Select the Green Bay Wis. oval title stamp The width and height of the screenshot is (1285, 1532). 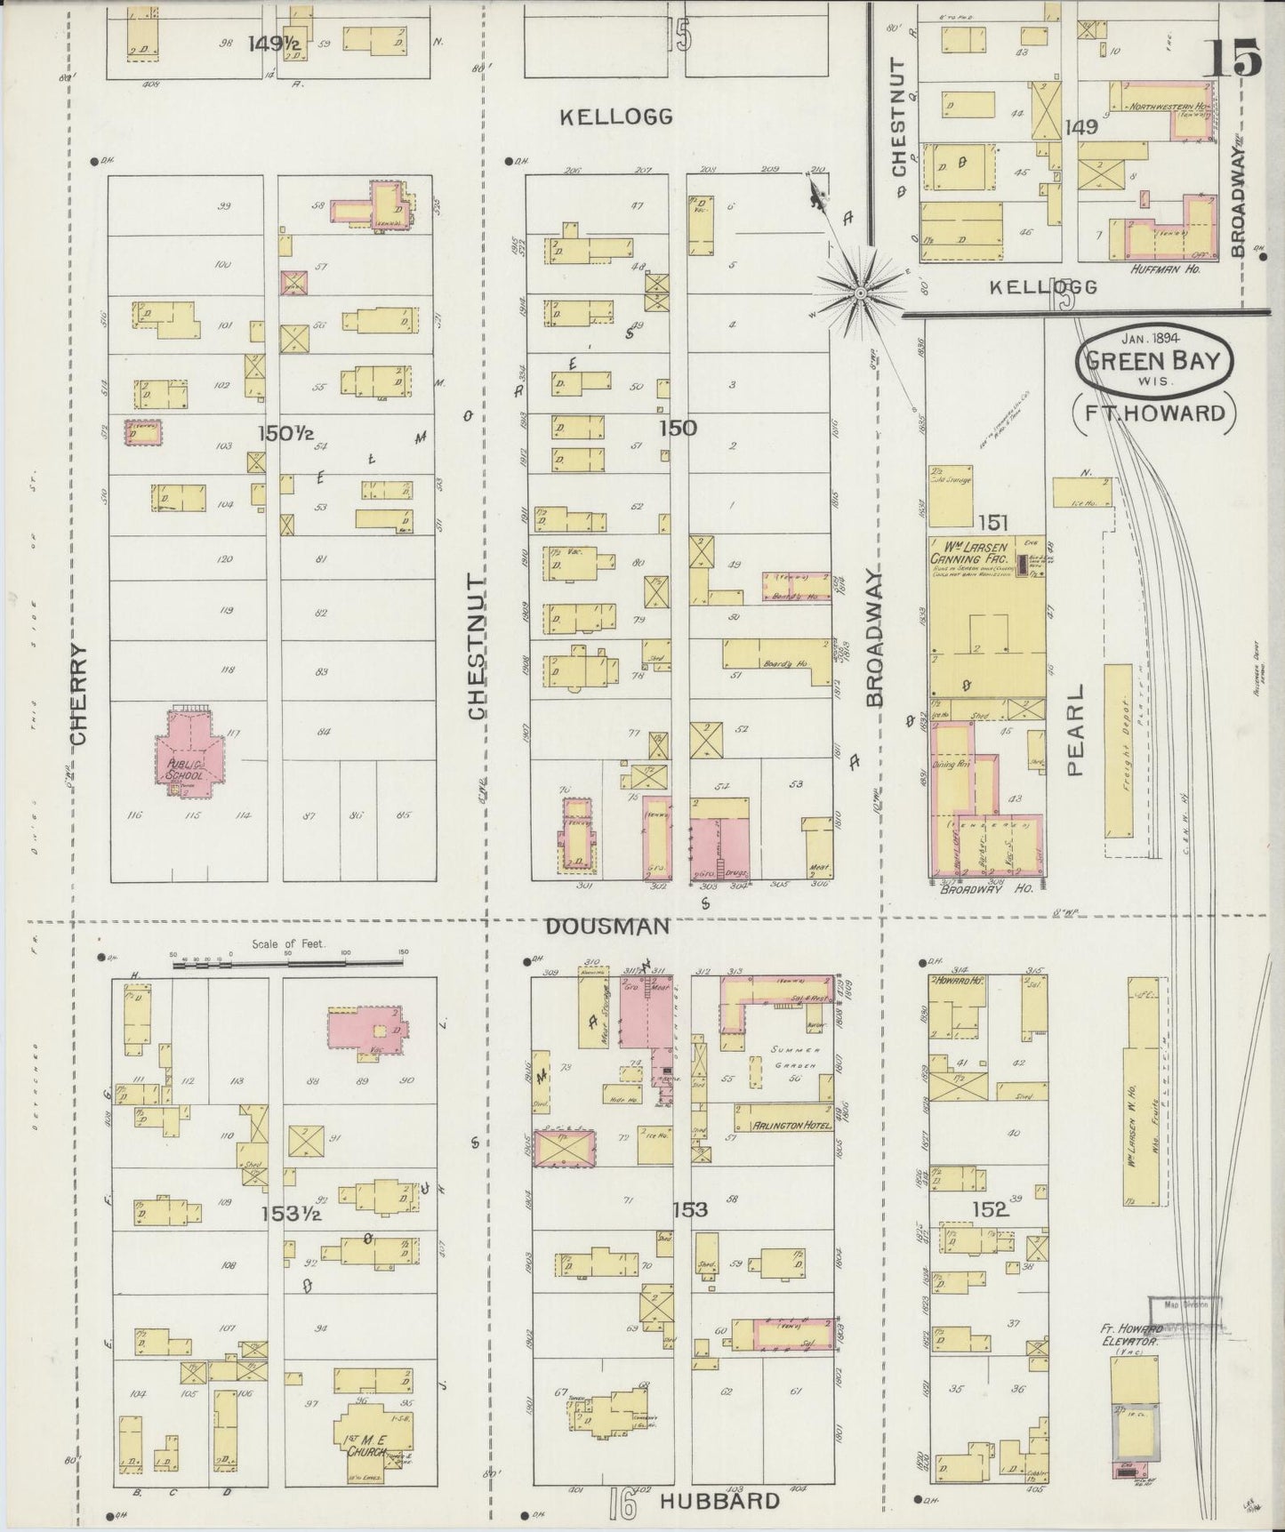[x=1155, y=363]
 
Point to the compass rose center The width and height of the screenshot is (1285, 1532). [x=860, y=293]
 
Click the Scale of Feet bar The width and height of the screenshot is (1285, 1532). [x=288, y=963]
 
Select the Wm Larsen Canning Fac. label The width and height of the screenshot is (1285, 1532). [x=969, y=552]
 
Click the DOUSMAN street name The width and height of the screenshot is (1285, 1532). [x=606, y=926]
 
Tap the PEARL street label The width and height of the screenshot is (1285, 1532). [x=1076, y=729]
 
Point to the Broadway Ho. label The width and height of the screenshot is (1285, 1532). [x=987, y=887]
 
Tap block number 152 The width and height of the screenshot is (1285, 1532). [x=990, y=1208]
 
